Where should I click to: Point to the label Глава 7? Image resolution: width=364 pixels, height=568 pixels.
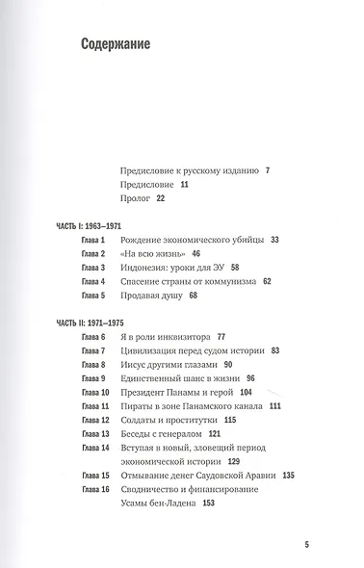click(90, 353)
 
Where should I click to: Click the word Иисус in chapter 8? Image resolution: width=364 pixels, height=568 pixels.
click(130, 367)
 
